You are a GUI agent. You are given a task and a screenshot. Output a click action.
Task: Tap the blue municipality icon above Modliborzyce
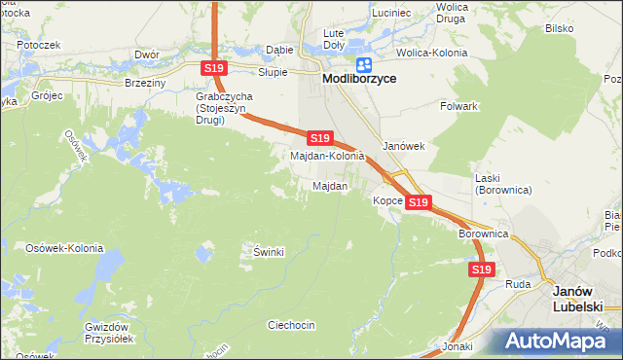tap(364, 65)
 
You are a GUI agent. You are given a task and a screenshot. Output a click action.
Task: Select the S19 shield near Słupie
tap(216, 68)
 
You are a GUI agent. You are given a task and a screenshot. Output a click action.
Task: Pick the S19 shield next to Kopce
tap(418, 201)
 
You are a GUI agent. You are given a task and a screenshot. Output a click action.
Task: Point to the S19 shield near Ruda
tap(481, 270)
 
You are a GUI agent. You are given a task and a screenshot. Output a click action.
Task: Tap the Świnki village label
tap(269, 251)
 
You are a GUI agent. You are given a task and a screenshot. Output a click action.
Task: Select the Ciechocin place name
tap(291, 325)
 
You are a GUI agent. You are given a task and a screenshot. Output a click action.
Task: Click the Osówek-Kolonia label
tap(64, 248)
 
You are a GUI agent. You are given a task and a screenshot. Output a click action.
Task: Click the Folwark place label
tap(458, 105)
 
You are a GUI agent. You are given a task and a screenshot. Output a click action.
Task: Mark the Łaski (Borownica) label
tap(502, 184)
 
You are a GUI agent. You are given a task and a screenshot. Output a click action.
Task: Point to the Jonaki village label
tap(457, 346)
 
